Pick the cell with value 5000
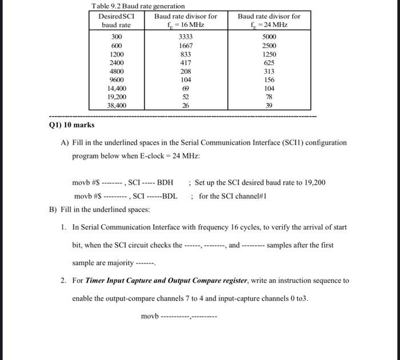click(269, 37)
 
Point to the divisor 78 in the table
click(269, 97)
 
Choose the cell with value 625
click(269, 62)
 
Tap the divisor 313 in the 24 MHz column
click(269, 71)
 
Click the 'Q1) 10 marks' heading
click(72, 125)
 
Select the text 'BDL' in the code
click(170, 196)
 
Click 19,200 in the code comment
click(313, 183)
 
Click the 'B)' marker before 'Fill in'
click(53, 210)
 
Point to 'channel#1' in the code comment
click(251, 196)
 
